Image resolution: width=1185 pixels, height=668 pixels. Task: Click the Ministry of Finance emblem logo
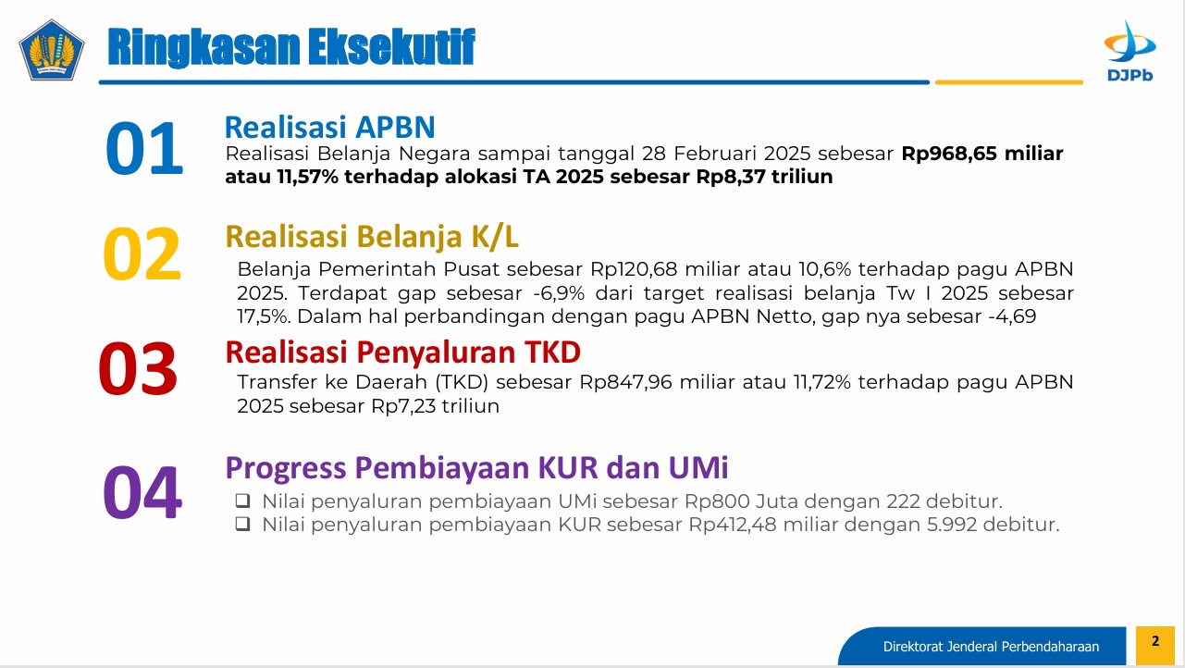(x=51, y=51)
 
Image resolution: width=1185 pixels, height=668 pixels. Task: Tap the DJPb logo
(x=1129, y=51)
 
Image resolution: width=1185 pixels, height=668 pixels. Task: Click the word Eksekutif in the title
(x=391, y=47)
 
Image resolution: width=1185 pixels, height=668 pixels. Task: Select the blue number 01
(x=144, y=147)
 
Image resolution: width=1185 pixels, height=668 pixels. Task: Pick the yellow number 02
(x=142, y=254)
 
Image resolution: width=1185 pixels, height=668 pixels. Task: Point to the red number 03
(x=138, y=368)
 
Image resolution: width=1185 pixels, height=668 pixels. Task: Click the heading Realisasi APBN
(x=329, y=128)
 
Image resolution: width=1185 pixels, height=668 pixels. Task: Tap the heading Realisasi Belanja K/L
(x=372, y=236)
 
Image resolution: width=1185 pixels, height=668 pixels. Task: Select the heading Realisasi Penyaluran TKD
(x=403, y=353)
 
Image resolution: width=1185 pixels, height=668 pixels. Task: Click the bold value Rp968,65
(x=949, y=154)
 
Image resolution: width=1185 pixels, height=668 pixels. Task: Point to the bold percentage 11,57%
(x=307, y=177)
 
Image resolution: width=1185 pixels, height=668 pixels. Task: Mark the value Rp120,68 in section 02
(x=634, y=269)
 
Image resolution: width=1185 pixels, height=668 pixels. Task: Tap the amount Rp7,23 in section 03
(x=402, y=406)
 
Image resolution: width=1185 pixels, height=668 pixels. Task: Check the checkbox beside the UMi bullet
(x=242, y=500)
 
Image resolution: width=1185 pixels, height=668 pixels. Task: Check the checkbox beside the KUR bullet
(x=242, y=524)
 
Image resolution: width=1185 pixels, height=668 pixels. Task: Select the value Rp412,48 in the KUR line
(x=732, y=525)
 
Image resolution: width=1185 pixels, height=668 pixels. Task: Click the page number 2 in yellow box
(x=1155, y=641)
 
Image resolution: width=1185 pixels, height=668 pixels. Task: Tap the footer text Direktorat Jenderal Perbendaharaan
(x=991, y=647)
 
